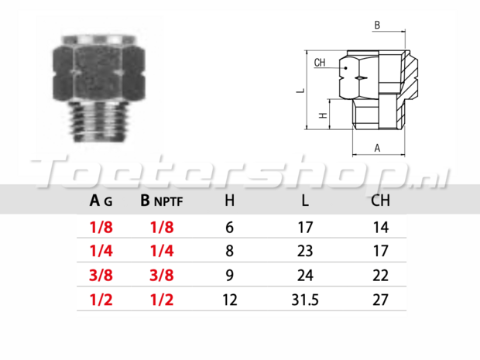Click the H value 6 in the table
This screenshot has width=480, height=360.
pos(230,228)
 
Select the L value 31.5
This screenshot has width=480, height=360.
pos(305,300)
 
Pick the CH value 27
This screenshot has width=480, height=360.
pos(380,300)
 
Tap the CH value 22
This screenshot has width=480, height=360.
pos(380,276)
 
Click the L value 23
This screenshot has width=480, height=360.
pos(305,252)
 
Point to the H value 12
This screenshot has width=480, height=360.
pos(230,300)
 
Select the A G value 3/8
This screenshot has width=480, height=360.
pos(101,276)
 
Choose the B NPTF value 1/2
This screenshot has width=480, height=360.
pos(162,300)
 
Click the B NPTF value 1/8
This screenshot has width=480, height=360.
pos(162,228)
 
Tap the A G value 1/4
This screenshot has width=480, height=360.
pos(101,252)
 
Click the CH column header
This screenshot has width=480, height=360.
pos(380,201)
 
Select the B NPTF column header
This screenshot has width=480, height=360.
pos(162,201)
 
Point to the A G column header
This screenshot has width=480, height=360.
pos(101,201)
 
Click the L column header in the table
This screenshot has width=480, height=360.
pos(305,201)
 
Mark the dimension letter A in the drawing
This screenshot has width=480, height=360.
pos(377,148)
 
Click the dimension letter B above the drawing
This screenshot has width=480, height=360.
pos(377,25)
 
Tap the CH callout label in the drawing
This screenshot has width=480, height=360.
pos(320,63)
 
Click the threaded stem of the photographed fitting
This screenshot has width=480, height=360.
pos(98,122)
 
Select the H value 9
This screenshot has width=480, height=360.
pos(230,276)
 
